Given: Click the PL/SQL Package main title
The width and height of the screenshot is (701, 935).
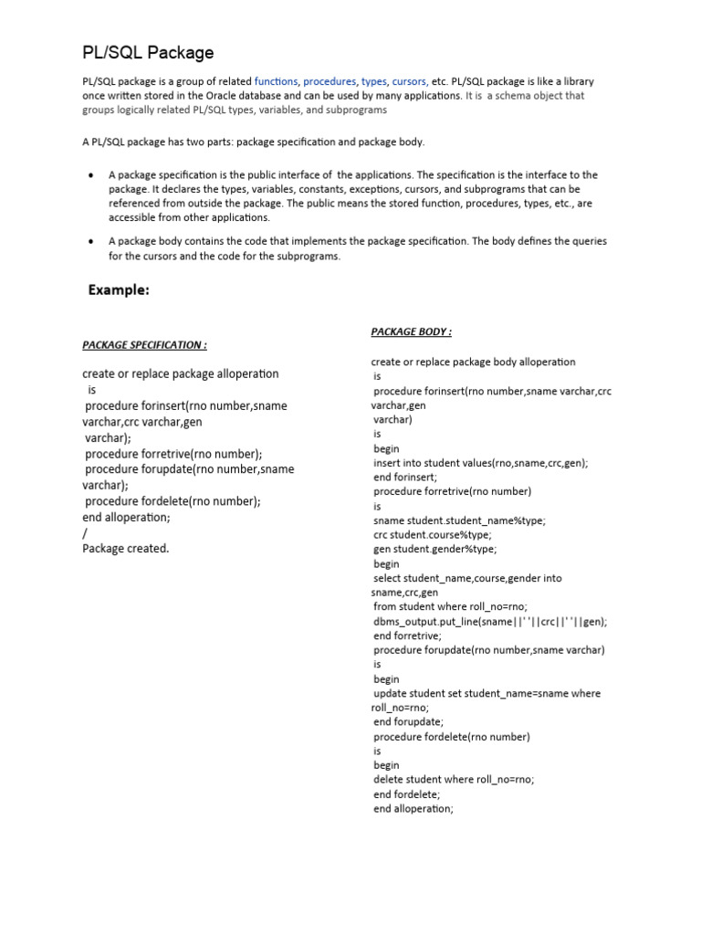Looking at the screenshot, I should pyautogui.click(x=148, y=53).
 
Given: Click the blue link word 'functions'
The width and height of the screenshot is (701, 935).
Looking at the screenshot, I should pyautogui.click(x=276, y=81).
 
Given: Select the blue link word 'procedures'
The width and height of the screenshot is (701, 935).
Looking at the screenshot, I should pyautogui.click(x=330, y=81).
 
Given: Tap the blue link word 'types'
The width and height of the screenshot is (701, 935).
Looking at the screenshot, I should pyautogui.click(x=374, y=81).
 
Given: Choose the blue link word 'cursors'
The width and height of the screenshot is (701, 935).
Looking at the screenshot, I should pyautogui.click(x=410, y=81).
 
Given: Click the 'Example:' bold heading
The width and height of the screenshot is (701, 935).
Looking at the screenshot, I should pyautogui.click(x=118, y=289).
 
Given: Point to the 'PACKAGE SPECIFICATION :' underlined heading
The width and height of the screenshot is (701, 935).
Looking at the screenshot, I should pyautogui.click(x=144, y=344).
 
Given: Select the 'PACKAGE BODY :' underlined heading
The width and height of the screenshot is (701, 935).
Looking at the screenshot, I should pyautogui.click(x=411, y=331).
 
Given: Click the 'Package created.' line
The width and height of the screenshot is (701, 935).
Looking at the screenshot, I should pyautogui.click(x=126, y=549).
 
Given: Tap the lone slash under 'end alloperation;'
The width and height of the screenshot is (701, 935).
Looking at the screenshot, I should pyautogui.click(x=85, y=533).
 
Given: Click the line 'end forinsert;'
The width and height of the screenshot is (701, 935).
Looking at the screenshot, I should pyautogui.click(x=405, y=477).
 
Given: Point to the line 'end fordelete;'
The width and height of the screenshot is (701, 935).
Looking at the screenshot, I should pyautogui.click(x=407, y=793).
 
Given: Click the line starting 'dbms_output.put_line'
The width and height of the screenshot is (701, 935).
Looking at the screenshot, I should pyautogui.click(x=490, y=621).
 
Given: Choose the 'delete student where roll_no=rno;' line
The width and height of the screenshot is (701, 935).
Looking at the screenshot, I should pyautogui.click(x=454, y=779).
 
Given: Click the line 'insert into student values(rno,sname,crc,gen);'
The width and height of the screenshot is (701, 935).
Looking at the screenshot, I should pyautogui.click(x=480, y=463).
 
